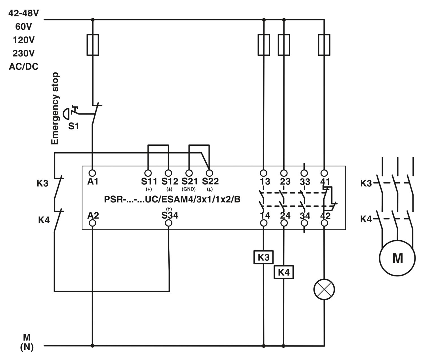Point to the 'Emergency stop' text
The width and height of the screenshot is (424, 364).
[55, 108]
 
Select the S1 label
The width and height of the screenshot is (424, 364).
[73, 126]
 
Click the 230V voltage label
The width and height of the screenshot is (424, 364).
[23, 53]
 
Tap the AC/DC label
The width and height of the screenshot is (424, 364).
[23, 67]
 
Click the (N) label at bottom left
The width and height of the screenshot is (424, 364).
[27, 347]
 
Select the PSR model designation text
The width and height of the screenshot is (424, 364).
[172, 199]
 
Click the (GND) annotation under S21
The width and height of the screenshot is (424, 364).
[189, 189]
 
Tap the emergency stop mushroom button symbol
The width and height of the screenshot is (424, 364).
[66, 114]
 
